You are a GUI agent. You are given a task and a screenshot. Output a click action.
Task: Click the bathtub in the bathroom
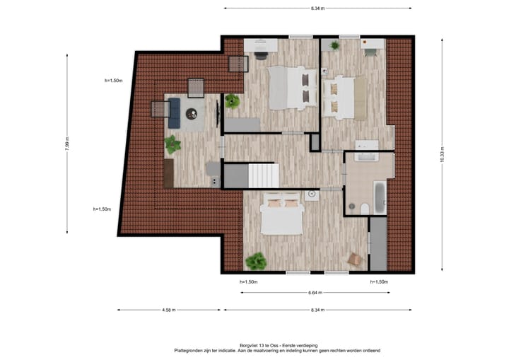click(x=380, y=199)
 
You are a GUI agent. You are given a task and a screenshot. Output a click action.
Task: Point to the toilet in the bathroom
click(x=363, y=207)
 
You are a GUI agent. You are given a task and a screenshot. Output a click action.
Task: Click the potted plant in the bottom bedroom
click(x=255, y=262)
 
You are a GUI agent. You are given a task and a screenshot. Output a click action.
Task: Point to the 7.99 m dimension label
click(x=67, y=144)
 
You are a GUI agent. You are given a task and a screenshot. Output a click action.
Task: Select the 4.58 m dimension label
click(x=168, y=310)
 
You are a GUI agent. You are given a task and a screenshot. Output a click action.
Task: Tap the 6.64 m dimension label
click(x=316, y=292)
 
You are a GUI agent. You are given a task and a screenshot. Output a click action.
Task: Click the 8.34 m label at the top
click(x=318, y=8)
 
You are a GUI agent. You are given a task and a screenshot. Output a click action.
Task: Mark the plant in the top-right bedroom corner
click(x=334, y=45)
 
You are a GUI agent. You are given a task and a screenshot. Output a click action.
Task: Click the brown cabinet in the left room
click(x=168, y=173)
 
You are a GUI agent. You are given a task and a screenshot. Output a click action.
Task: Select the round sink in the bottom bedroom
click(x=311, y=194)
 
